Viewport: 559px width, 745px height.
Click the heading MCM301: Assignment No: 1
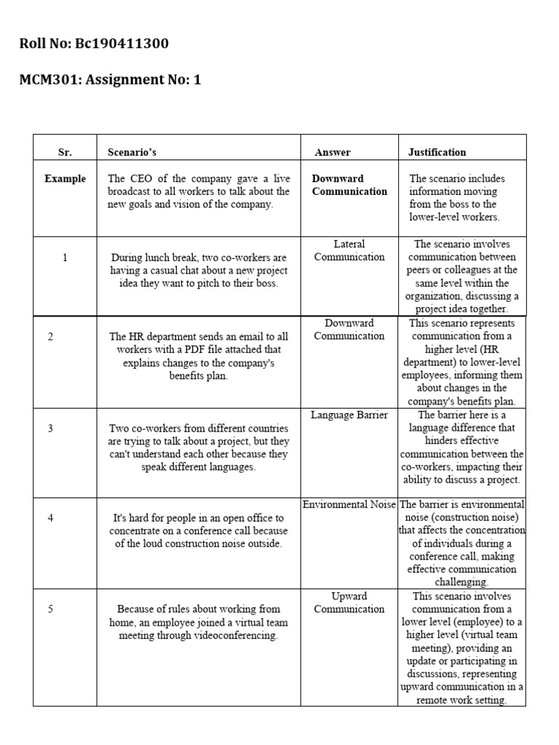[110, 80]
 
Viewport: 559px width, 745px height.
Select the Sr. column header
[65, 152]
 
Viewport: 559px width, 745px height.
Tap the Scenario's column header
[132, 152]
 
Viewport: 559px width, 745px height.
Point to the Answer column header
[333, 152]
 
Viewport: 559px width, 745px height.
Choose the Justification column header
[437, 152]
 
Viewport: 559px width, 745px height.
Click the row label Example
[65, 178]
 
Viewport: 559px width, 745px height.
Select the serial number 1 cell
[65, 258]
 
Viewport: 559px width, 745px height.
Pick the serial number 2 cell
[50, 336]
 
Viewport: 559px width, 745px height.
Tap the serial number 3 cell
[50, 429]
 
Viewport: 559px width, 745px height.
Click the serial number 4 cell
[50, 518]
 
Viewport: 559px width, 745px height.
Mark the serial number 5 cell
[50, 609]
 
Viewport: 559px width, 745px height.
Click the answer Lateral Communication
[349, 250]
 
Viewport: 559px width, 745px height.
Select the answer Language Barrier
[349, 415]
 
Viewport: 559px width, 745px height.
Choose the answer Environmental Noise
[349, 504]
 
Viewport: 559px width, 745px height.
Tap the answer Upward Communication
[349, 602]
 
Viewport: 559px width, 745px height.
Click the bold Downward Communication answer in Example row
[349, 185]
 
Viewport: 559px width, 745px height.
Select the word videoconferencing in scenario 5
[235, 635]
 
